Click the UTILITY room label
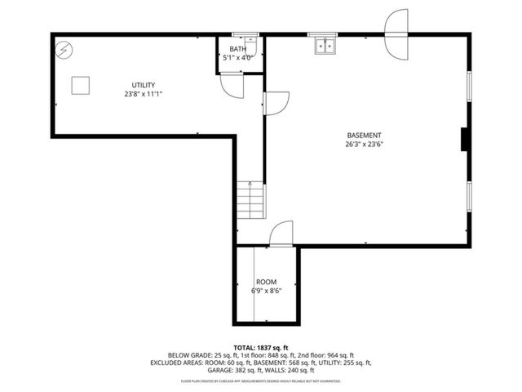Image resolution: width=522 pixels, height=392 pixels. click(144, 85)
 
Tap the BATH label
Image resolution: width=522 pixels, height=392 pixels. click(237, 49)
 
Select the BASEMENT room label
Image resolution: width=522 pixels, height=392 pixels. click(364, 136)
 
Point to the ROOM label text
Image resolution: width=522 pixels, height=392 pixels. click(266, 281)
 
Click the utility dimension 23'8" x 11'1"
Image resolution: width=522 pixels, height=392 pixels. click(144, 94)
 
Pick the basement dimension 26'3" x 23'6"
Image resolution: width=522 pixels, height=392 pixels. click(364, 145)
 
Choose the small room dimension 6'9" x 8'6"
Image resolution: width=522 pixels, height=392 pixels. click(266, 291)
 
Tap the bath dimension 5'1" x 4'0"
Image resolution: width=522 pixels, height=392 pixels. click(237, 58)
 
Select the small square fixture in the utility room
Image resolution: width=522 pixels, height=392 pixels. click(81, 84)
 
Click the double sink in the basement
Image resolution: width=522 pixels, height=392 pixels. click(325, 45)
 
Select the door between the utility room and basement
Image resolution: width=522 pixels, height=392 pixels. click(275, 102)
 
